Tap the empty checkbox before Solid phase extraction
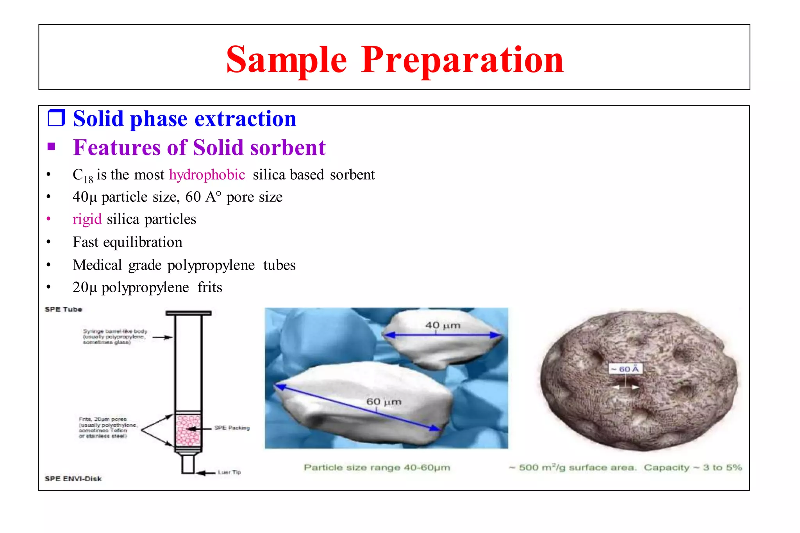tap(56, 118)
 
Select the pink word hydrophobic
tap(207, 174)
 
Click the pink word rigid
tap(87, 219)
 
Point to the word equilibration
tap(143, 242)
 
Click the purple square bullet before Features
tap(51, 147)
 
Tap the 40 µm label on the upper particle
tap(443, 325)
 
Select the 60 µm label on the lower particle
tap(384, 402)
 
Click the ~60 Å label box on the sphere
tap(625, 369)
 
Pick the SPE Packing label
tap(232, 428)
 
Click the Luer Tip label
tap(229, 472)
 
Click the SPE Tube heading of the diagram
tap(63, 309)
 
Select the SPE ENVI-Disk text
tap(73, 479)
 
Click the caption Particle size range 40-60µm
tap(377, 467)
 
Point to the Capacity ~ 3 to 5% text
tap(693, 467)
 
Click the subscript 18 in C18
tap(88, 179)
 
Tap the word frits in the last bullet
tap(210, 288)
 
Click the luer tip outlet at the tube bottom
tap(188, 464)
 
